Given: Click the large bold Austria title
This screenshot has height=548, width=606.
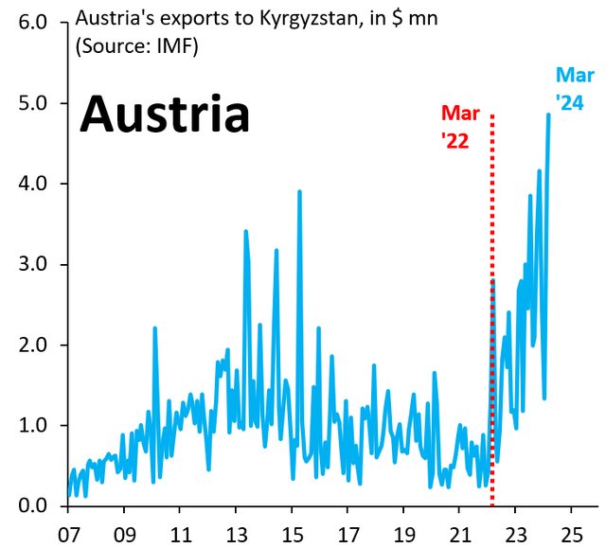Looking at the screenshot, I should (164, 116).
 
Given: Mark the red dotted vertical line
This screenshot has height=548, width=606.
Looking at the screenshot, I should (492, 312).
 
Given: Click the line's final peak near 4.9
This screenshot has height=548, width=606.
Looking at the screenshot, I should (548, 115).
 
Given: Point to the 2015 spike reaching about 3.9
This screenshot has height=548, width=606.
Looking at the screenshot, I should (299, 192).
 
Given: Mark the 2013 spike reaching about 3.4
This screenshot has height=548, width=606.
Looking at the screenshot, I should (245, 231).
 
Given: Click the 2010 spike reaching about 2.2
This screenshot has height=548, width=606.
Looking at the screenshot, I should (154, 328).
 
